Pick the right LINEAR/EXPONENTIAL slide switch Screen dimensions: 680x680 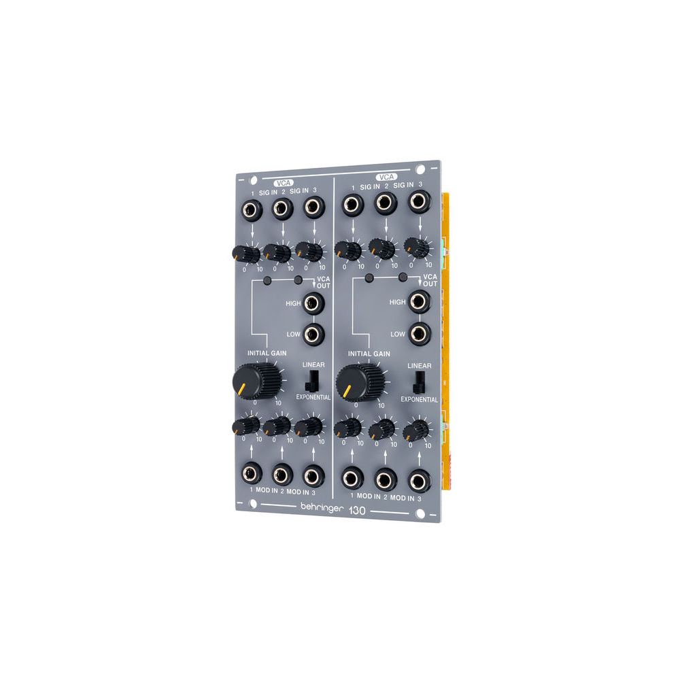418,381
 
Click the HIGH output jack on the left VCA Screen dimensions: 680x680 313,303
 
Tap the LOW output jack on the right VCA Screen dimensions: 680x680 420,334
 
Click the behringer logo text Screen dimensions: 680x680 322,508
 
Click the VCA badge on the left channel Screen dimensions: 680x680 284,183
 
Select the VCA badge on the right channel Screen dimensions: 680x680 386,177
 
